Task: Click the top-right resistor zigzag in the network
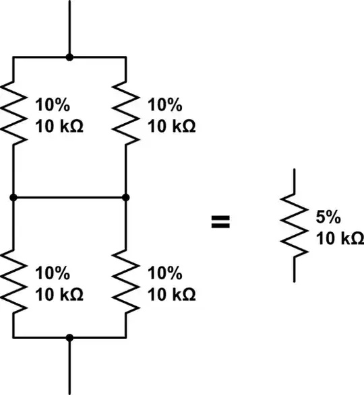coord(126,112)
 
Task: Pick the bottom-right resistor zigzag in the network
coord(126,281)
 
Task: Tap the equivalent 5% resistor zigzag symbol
coord(295,225)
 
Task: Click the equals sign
coord(220,223)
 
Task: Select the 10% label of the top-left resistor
coord(53,105)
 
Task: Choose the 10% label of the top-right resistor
coord(164,105)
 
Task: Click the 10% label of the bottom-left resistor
coord(53,273)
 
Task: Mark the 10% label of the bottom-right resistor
coord(164,273)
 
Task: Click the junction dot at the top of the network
coord(69,58)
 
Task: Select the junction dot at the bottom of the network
coord(69,336)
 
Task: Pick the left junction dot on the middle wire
coord(13,197)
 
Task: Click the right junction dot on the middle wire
coord(126,197)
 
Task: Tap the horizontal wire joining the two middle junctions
coord(69,197)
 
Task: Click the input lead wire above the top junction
coord(69,27)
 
